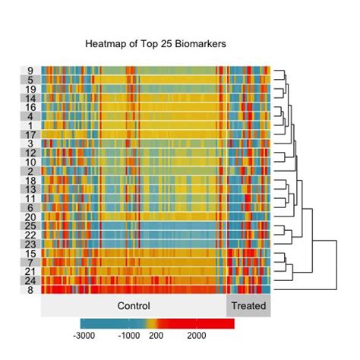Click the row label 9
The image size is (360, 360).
pos(30,71)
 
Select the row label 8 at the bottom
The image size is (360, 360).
pos(30,289)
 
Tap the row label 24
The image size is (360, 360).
pos(30,280)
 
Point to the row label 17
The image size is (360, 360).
pos(30,134)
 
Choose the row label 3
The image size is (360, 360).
pos(30,144)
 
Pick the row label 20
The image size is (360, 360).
pos(30,216)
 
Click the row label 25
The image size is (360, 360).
pos(30,226)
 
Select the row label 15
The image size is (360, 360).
pos(30,253)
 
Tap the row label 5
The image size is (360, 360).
pos(30,80)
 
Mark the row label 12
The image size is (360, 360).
pos(30,153)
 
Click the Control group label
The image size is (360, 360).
pos(134,306)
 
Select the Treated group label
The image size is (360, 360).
pos(248,306)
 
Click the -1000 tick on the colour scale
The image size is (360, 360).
pos(129,335)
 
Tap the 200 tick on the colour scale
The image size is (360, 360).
pos(156,335)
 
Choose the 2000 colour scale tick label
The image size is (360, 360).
pos(196,335)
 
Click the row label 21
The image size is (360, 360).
pos(30,271)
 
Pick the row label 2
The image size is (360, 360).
pos(30,171)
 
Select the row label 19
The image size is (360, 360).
pos(30,89)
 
